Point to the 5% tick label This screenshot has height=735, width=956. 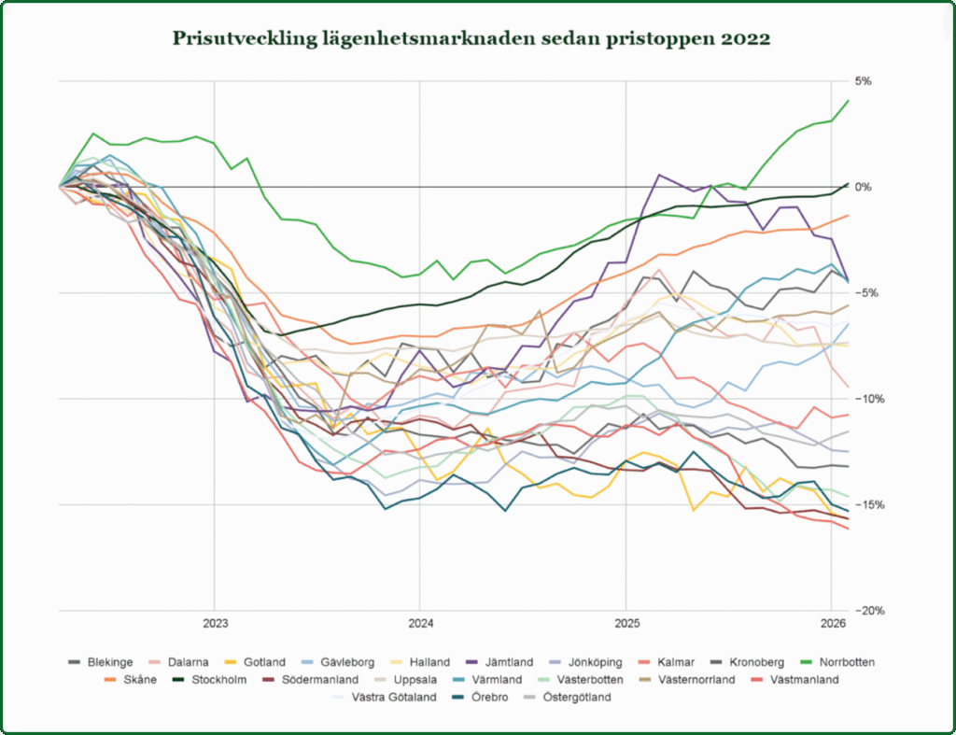coord(864,81)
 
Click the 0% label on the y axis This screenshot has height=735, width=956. coord(864,187)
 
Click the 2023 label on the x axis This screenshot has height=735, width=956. coord(215,624)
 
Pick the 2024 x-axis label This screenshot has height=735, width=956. coord(420,624)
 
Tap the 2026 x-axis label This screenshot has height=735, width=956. coord(833,624)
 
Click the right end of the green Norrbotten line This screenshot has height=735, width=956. coord(848,100)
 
